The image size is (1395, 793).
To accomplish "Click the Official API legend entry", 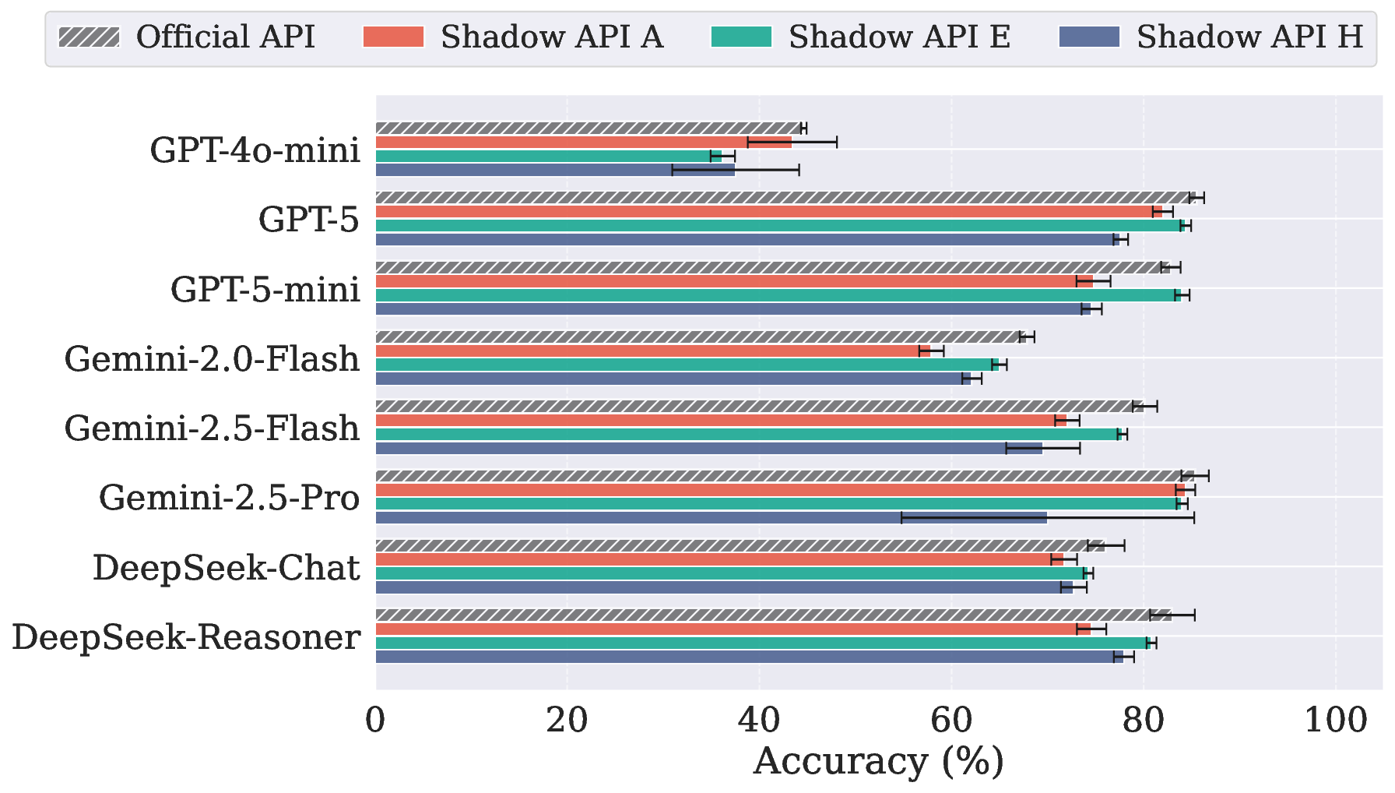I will coord(187,37).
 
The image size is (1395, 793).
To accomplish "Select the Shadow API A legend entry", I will coord(514,37).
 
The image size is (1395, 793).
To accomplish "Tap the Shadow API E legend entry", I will coord(861,37).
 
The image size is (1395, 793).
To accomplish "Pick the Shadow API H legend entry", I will coord(1211,37).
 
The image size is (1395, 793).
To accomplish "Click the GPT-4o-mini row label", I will coord(255,150).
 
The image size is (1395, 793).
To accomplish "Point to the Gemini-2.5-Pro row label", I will coord(229,498).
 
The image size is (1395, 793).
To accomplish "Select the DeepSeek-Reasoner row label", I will coord(186,637).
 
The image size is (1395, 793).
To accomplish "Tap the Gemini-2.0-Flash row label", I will coord(212,359).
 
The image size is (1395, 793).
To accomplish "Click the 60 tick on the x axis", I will coord(951,721).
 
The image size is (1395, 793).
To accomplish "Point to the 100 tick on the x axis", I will coord(1335,721).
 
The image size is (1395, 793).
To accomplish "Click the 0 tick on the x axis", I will coord(375,721).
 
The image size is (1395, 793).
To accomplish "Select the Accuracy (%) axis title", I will coord(878,762).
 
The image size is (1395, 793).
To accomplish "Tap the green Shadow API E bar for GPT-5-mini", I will coord(778,295).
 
